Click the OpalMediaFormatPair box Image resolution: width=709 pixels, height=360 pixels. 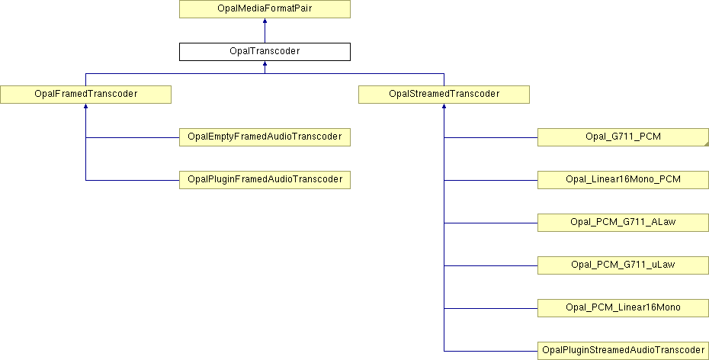tap(265, 9)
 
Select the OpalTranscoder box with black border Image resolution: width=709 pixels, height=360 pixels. tap(265, 52)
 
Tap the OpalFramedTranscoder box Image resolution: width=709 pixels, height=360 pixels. tap(85, 94)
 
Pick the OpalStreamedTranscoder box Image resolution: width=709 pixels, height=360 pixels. tap(444, 94)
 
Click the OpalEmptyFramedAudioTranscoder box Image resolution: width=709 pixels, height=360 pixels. tap(265, 137)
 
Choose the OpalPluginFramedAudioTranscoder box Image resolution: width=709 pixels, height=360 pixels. tap(265, 179)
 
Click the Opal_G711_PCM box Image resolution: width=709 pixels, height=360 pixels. tap(623, 137)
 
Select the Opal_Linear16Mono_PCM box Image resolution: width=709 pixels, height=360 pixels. tap(623, 179)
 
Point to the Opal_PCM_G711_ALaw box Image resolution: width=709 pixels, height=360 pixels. tap(623, 223)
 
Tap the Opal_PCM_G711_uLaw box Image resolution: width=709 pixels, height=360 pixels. tap(623, 265)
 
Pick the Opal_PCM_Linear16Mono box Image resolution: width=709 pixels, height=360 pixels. tap(623, 307)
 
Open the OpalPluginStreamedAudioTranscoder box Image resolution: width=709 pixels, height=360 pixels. tap(623, 351)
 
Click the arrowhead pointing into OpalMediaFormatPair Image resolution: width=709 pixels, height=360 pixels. tap(265, 21)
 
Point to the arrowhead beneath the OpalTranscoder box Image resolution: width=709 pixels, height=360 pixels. tap(265, 63)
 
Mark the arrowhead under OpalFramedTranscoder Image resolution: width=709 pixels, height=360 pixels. tap(85, 106)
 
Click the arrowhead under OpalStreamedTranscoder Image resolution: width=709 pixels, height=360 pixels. tap(444, 106)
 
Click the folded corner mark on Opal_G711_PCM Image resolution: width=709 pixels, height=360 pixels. tap(706, 143)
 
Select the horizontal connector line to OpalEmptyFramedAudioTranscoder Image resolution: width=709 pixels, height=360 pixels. tap(133, 137)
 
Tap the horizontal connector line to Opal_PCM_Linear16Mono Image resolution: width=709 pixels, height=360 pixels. tap(491, 308)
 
